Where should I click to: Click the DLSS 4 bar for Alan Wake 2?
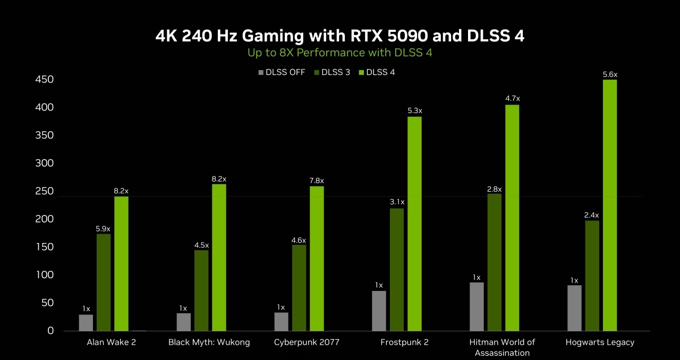coord(121,263)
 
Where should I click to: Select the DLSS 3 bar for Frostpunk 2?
coord(396,269)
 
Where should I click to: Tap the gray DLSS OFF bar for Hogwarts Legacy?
coord(574,308)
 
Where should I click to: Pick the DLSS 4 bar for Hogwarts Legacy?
coord(610,205)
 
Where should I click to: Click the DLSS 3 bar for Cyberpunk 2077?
coord(299,287)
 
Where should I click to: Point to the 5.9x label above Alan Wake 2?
coord(103,229)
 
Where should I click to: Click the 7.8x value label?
coord(317,181)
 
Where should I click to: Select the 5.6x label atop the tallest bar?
coord(610,75)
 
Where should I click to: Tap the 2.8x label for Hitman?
coord(494,189)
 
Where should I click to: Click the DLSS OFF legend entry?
coord(282,72)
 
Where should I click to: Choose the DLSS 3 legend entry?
coord(332,72)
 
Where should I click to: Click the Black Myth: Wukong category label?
coord(209,342)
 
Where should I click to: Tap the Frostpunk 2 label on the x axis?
coord(404,342)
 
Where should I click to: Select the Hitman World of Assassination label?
coord(502,347)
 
